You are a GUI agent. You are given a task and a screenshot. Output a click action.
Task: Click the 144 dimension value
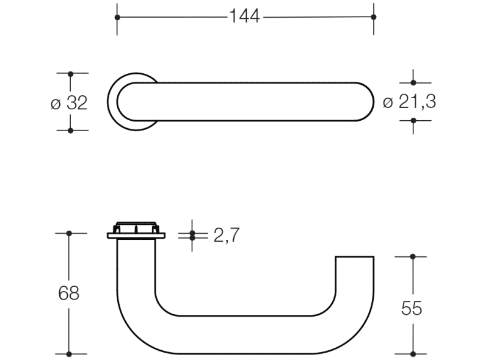244,16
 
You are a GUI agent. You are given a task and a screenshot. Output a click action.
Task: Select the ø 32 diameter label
69,103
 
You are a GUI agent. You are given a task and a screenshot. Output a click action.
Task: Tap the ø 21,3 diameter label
409,102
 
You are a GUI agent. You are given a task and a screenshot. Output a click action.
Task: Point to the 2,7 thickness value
227,235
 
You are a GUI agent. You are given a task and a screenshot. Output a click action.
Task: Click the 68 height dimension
68,293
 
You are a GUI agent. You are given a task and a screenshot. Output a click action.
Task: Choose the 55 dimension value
412,308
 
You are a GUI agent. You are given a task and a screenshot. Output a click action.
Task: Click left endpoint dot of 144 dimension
117,17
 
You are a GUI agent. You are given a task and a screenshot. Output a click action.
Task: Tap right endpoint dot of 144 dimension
373,17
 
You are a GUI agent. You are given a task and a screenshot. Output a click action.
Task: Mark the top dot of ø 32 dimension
70,74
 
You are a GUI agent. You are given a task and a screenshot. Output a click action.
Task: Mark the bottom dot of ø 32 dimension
70,131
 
